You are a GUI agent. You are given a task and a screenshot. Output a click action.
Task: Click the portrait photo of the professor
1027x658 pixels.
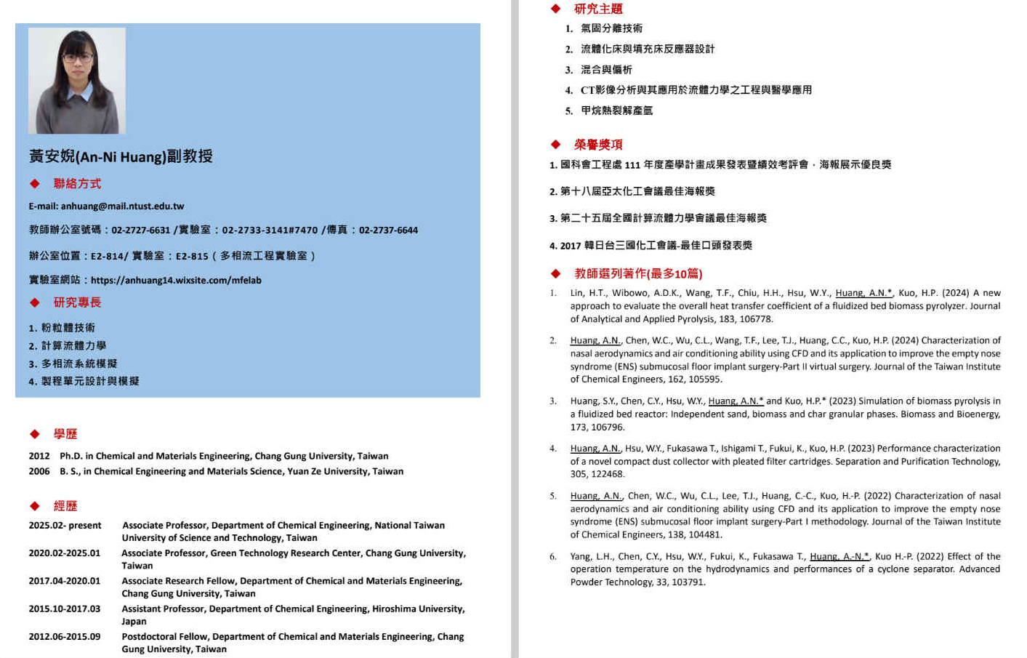pyautogui.click(x=76, y=81)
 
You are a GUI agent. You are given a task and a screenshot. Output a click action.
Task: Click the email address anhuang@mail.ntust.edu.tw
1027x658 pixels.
pyautogui.click(x=122, y=206)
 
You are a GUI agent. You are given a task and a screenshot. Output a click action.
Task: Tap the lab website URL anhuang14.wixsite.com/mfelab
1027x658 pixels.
pyautogui.click(x=176, y=280)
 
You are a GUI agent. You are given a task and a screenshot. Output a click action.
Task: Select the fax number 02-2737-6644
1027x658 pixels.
pyautogui.click(x=388, y=230)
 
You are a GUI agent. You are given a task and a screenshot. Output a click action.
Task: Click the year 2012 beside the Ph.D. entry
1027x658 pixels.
pyautogui.click(x=39, y=457)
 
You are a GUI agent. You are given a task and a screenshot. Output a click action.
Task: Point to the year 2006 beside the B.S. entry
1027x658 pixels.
pyautogui.click(x=39, y=472)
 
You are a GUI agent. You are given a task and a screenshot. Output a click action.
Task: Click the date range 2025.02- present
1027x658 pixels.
pyautogui.click(x=65, y=526)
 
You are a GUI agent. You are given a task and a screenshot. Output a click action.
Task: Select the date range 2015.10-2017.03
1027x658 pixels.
pyautogui.click(x=65, y=609)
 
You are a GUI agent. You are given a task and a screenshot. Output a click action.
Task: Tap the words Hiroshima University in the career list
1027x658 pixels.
pyautogui.click(x=418, y=609)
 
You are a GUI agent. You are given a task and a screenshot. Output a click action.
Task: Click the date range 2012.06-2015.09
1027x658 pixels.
pyautogui.click(x=65, y=637)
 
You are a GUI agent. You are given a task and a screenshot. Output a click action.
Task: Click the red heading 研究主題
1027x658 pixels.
pyautogui.click(x=598, y=9)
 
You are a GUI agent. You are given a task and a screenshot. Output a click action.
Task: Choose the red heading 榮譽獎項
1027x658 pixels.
pyautogui.click(x=598, y=145)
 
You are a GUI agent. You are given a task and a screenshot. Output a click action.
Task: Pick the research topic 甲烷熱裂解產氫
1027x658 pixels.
pyautogui.click(x=616, y=111)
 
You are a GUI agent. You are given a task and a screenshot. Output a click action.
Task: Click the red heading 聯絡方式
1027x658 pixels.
pyautogui.click(x=77, y=184)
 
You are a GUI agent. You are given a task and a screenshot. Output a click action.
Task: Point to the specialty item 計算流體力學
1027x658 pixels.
pyautogui.click(x=73, y=346)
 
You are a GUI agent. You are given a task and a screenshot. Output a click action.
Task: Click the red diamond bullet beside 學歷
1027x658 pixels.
pyautogui.click(x=34, y=434)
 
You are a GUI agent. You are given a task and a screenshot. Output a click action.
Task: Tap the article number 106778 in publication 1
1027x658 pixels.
pyautogui.click(x=756, y=319)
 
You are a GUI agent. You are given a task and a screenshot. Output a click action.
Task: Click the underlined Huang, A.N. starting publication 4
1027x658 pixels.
pyautogui.click(x=595, y=449)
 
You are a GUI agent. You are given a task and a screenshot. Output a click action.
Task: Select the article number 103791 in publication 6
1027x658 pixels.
pyautogui.click(x=688, y=582)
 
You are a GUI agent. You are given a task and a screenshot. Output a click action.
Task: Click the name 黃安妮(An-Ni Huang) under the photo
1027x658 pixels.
pyautogui.click(x=97, y=157)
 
